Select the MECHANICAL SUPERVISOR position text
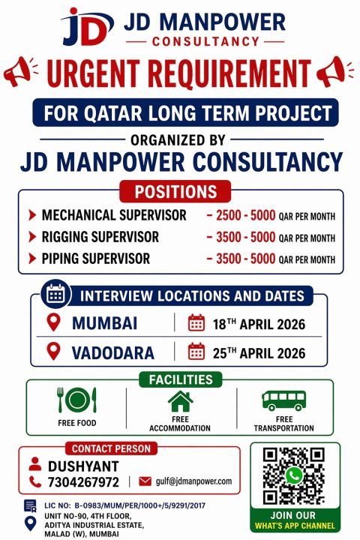click(114, 215)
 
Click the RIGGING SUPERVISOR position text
click(100, 237)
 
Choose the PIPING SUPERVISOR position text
click(96, 259)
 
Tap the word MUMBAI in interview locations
click(104, 324)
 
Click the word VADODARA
click(113, 352)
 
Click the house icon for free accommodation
click(180, 401)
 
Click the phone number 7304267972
click(84, 481)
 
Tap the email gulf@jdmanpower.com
click(193, 481)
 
